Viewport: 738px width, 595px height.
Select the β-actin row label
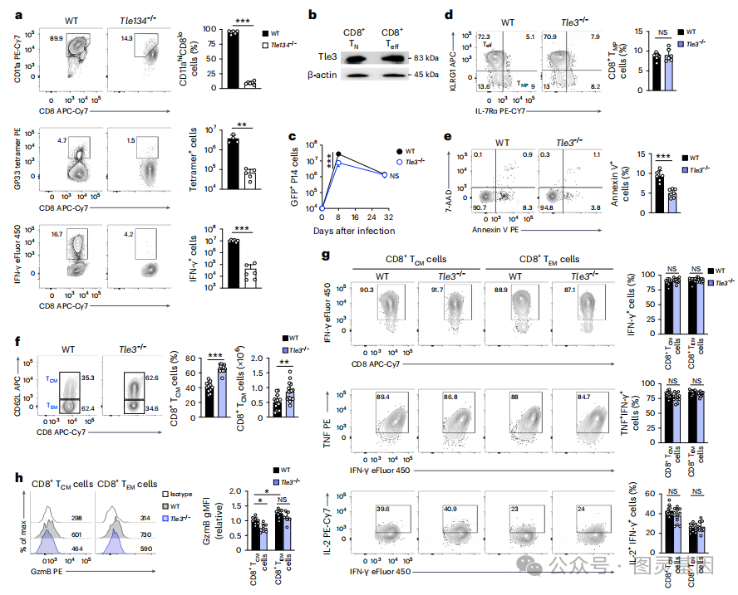pyautogui.click(x=306, y=76)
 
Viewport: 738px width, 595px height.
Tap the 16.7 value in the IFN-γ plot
pyautogui.click(x=57, y=236)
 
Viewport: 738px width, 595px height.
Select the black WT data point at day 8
pyautogui.click(x=338, y=154)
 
